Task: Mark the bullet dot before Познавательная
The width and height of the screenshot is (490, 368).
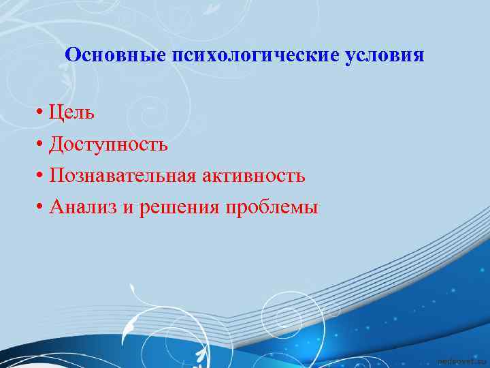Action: click(42, 177)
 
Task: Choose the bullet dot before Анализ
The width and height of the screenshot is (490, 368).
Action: click(42, 208)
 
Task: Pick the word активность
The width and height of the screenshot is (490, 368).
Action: click(253, 177)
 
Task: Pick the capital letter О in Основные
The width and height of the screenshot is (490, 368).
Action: click(72, 55)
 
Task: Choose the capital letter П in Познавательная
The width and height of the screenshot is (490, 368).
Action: click(57, 177)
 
